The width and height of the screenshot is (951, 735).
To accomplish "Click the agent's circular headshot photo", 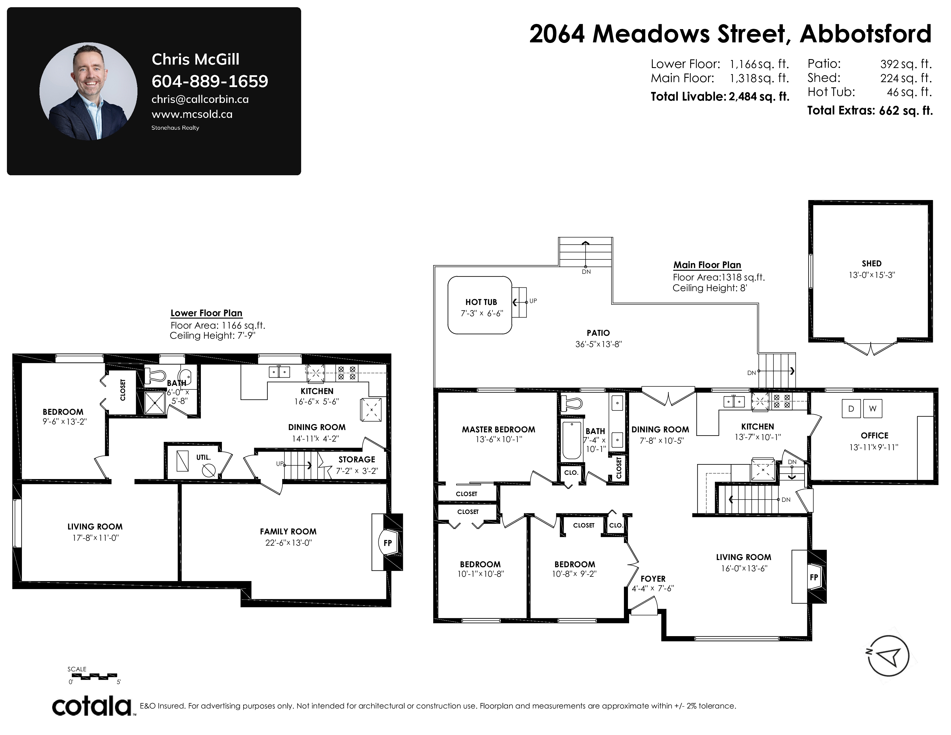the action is tap(88, 91).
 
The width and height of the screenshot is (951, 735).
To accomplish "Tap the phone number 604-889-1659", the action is tap(210, 81).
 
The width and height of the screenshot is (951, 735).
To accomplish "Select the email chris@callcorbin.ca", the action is tap(200, 99).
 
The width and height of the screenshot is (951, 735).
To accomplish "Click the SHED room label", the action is tap(871, 263).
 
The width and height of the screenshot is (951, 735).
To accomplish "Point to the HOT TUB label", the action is tap(481, 302).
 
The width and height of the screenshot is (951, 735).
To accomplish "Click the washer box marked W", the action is tap(873, 408).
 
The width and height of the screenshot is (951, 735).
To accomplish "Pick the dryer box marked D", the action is tap(851, 408).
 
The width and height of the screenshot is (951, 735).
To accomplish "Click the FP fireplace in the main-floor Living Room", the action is tap(813, 577).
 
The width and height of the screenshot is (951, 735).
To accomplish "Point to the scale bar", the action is tap(94, 676).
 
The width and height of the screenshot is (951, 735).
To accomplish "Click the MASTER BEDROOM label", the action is tap(499, 429).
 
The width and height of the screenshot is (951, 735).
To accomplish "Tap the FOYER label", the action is tap(653, 579).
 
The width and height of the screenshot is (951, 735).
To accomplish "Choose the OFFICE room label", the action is tap(874, 436).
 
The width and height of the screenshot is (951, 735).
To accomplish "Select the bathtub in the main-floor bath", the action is tap(572, 441).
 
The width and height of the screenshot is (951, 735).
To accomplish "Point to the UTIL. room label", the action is tap(203, 457).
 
